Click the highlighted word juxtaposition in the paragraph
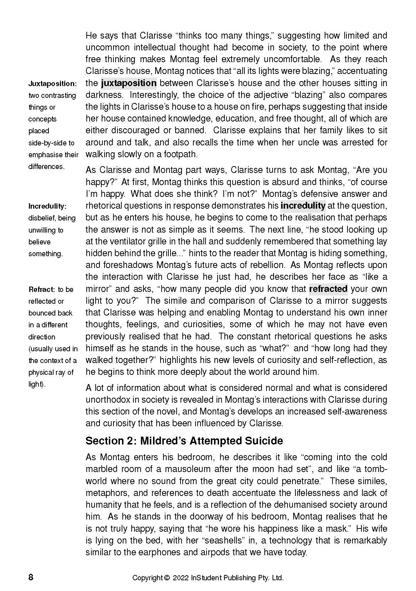click(129, 83)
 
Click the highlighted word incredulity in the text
click(303, 206)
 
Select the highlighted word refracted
click(328, 289)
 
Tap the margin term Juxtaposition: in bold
click(52, 84)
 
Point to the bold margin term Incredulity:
click(47, 206)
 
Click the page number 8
click(31, 577)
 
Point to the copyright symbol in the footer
click(166, 578)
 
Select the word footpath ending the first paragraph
click(181, 154)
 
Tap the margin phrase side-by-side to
click(51, 143)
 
